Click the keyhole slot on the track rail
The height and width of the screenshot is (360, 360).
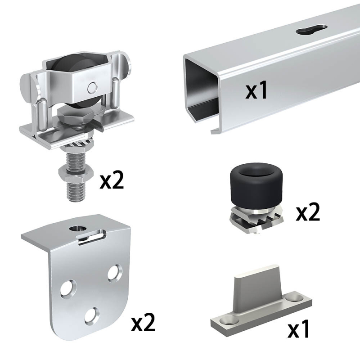point(311,30)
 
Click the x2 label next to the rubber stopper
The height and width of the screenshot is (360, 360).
point(308,211)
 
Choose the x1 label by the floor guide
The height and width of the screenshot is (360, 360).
point(299,328)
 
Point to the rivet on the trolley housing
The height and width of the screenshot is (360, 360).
point(92,87)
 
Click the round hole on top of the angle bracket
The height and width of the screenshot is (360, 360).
point(77,229)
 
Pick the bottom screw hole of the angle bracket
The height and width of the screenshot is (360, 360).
point(92,317)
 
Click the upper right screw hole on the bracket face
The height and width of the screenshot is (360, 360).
point(115,274)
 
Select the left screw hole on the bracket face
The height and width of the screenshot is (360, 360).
point(68,288)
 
